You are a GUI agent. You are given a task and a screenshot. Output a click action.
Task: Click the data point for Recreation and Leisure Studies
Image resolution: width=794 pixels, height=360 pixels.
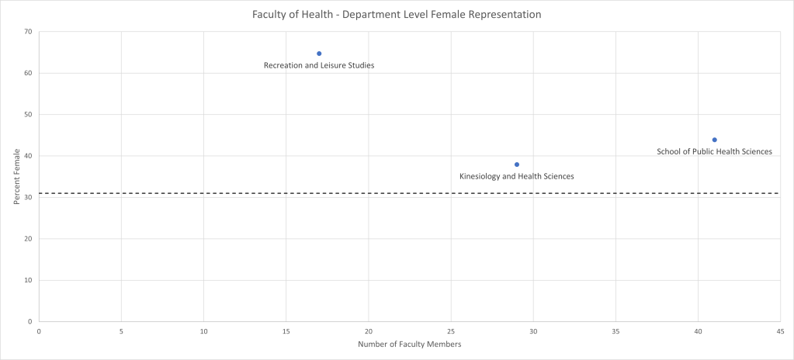click(319, 54)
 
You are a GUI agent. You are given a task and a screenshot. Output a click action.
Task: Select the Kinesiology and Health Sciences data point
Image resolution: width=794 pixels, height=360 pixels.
click(517, 164)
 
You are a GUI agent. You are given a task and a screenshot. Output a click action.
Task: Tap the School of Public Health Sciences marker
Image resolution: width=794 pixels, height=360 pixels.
click(715, 140)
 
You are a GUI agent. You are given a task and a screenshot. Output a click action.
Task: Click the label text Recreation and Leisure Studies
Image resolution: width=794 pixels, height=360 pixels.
click(319, 65)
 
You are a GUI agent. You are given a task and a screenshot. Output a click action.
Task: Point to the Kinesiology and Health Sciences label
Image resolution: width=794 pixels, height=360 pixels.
click(517, 176)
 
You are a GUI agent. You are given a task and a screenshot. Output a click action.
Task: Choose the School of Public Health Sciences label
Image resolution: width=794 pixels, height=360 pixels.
click(714, 151)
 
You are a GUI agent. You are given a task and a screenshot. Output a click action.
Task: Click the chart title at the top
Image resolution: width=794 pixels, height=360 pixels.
click(397, 15)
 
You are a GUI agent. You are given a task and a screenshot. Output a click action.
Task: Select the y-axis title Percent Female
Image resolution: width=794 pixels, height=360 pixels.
click(16, 176)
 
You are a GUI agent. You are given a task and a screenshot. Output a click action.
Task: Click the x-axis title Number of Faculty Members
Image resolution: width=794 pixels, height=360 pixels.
click(409, 344)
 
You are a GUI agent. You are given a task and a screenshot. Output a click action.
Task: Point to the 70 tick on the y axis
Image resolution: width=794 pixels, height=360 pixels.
click(27, 32)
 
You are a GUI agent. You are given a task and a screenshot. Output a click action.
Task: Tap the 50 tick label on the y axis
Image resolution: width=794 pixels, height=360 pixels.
click(27, 115)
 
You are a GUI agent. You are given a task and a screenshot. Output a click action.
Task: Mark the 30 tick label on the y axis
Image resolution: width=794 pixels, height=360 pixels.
click(27, 197)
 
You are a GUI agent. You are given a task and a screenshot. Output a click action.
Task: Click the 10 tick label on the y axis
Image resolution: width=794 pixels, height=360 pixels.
click(27, 280)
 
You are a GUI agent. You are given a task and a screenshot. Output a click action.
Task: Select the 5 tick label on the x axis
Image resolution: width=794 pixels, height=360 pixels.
click(121, 331)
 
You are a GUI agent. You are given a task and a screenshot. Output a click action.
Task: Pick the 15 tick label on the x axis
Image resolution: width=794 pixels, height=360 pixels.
click(286, 331)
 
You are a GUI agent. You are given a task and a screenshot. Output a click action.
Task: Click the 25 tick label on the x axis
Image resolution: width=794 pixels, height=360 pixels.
click(451, 331)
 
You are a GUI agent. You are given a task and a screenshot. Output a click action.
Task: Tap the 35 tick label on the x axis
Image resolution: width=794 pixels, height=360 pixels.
click(615, 331)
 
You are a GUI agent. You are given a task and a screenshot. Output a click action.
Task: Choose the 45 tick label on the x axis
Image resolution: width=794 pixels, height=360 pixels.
click(780, 331)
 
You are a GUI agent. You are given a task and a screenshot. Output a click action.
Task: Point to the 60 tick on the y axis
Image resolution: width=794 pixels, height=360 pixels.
click(27, 73)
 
